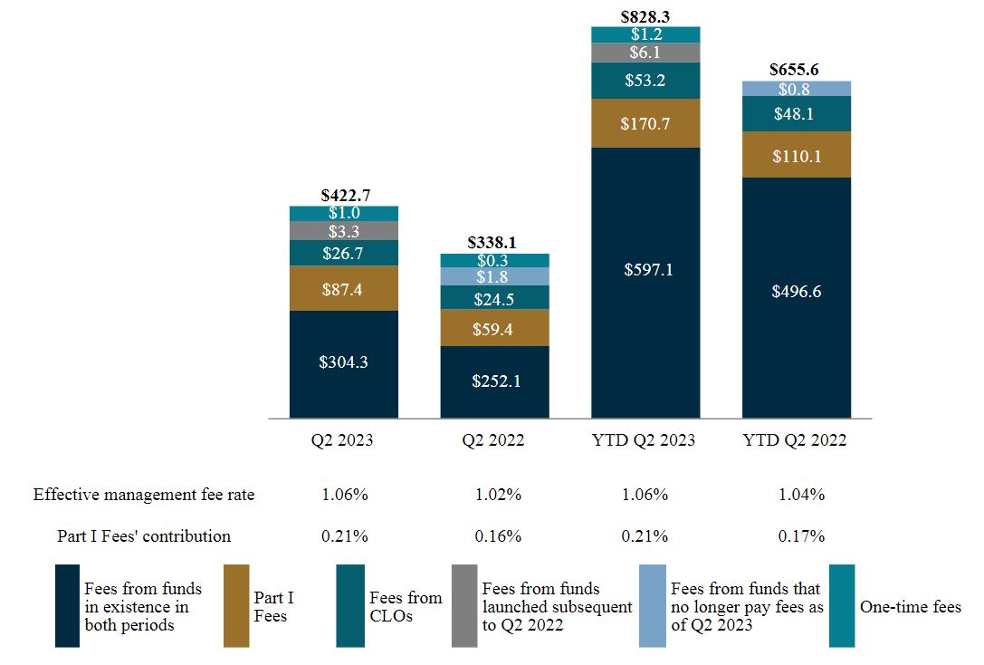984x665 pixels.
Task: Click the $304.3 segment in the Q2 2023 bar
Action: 343,362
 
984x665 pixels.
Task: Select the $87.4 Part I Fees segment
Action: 343,288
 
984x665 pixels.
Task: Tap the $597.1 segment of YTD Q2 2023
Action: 645,270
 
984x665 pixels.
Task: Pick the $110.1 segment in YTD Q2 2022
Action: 797,155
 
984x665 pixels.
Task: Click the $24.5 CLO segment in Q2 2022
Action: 494,298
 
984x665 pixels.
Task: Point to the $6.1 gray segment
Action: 645,53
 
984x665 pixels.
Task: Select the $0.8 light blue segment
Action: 797,89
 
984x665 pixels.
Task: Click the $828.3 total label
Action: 645,16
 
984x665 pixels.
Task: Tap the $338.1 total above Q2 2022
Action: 494,243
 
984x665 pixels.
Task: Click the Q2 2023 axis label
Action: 343,441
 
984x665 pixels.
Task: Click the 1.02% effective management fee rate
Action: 498,495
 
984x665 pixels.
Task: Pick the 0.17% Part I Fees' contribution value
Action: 801,535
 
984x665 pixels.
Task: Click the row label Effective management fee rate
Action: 144,495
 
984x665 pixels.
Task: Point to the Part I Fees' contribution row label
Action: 144,535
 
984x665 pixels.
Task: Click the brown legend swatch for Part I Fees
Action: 236,606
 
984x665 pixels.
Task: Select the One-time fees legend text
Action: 910,607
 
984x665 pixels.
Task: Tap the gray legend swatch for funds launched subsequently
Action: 464,606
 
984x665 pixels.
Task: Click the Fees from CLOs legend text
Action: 406,607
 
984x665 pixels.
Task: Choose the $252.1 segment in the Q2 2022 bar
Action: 494,381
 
